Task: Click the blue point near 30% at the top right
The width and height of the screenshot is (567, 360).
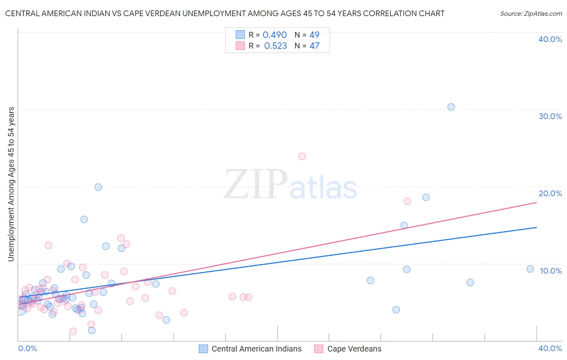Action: point(451,107)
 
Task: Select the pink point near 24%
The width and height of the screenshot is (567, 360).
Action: point(302,156)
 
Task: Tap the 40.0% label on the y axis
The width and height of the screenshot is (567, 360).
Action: point(550,39)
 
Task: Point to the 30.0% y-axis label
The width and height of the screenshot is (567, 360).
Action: point(550,116)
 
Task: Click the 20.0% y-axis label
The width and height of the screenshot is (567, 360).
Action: point(550,193)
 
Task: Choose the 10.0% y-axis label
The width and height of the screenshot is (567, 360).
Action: point(550,271)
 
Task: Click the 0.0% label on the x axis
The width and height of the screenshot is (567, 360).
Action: point(27,348)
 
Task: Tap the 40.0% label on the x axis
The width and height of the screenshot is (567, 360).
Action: point(550,348)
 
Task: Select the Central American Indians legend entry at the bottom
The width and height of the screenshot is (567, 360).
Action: point(256,349)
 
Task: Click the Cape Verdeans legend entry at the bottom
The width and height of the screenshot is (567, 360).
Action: point(354,349)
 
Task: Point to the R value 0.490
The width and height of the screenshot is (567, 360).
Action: point(275,35)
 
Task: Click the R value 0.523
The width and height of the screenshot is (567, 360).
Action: point(275,46)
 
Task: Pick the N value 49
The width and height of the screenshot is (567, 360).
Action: point(314,35)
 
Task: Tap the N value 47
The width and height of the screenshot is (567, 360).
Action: point(314,46)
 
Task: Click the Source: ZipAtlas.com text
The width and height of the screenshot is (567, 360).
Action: point(531,13)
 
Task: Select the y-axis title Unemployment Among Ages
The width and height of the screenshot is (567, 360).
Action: point(11,184)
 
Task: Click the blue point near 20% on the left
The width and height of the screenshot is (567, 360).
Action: point(98,187)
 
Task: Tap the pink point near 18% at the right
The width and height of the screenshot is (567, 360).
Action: point(407,201)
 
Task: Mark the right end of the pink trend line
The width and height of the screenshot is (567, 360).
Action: point(536,202)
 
